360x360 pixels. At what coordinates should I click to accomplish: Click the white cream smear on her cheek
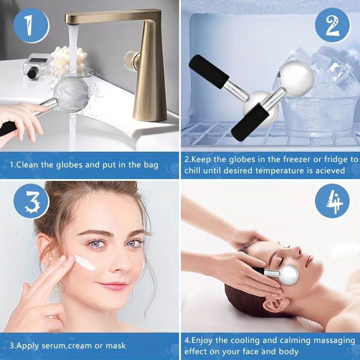(x=84, y=263)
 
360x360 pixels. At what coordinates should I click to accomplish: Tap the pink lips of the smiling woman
(x=112, y=286)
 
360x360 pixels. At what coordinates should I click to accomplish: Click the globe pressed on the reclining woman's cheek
(x=287, y=275)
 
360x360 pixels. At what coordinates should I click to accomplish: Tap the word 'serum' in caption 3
(x=53, y=346)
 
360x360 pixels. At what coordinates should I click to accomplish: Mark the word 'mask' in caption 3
(x=116, y=346)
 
